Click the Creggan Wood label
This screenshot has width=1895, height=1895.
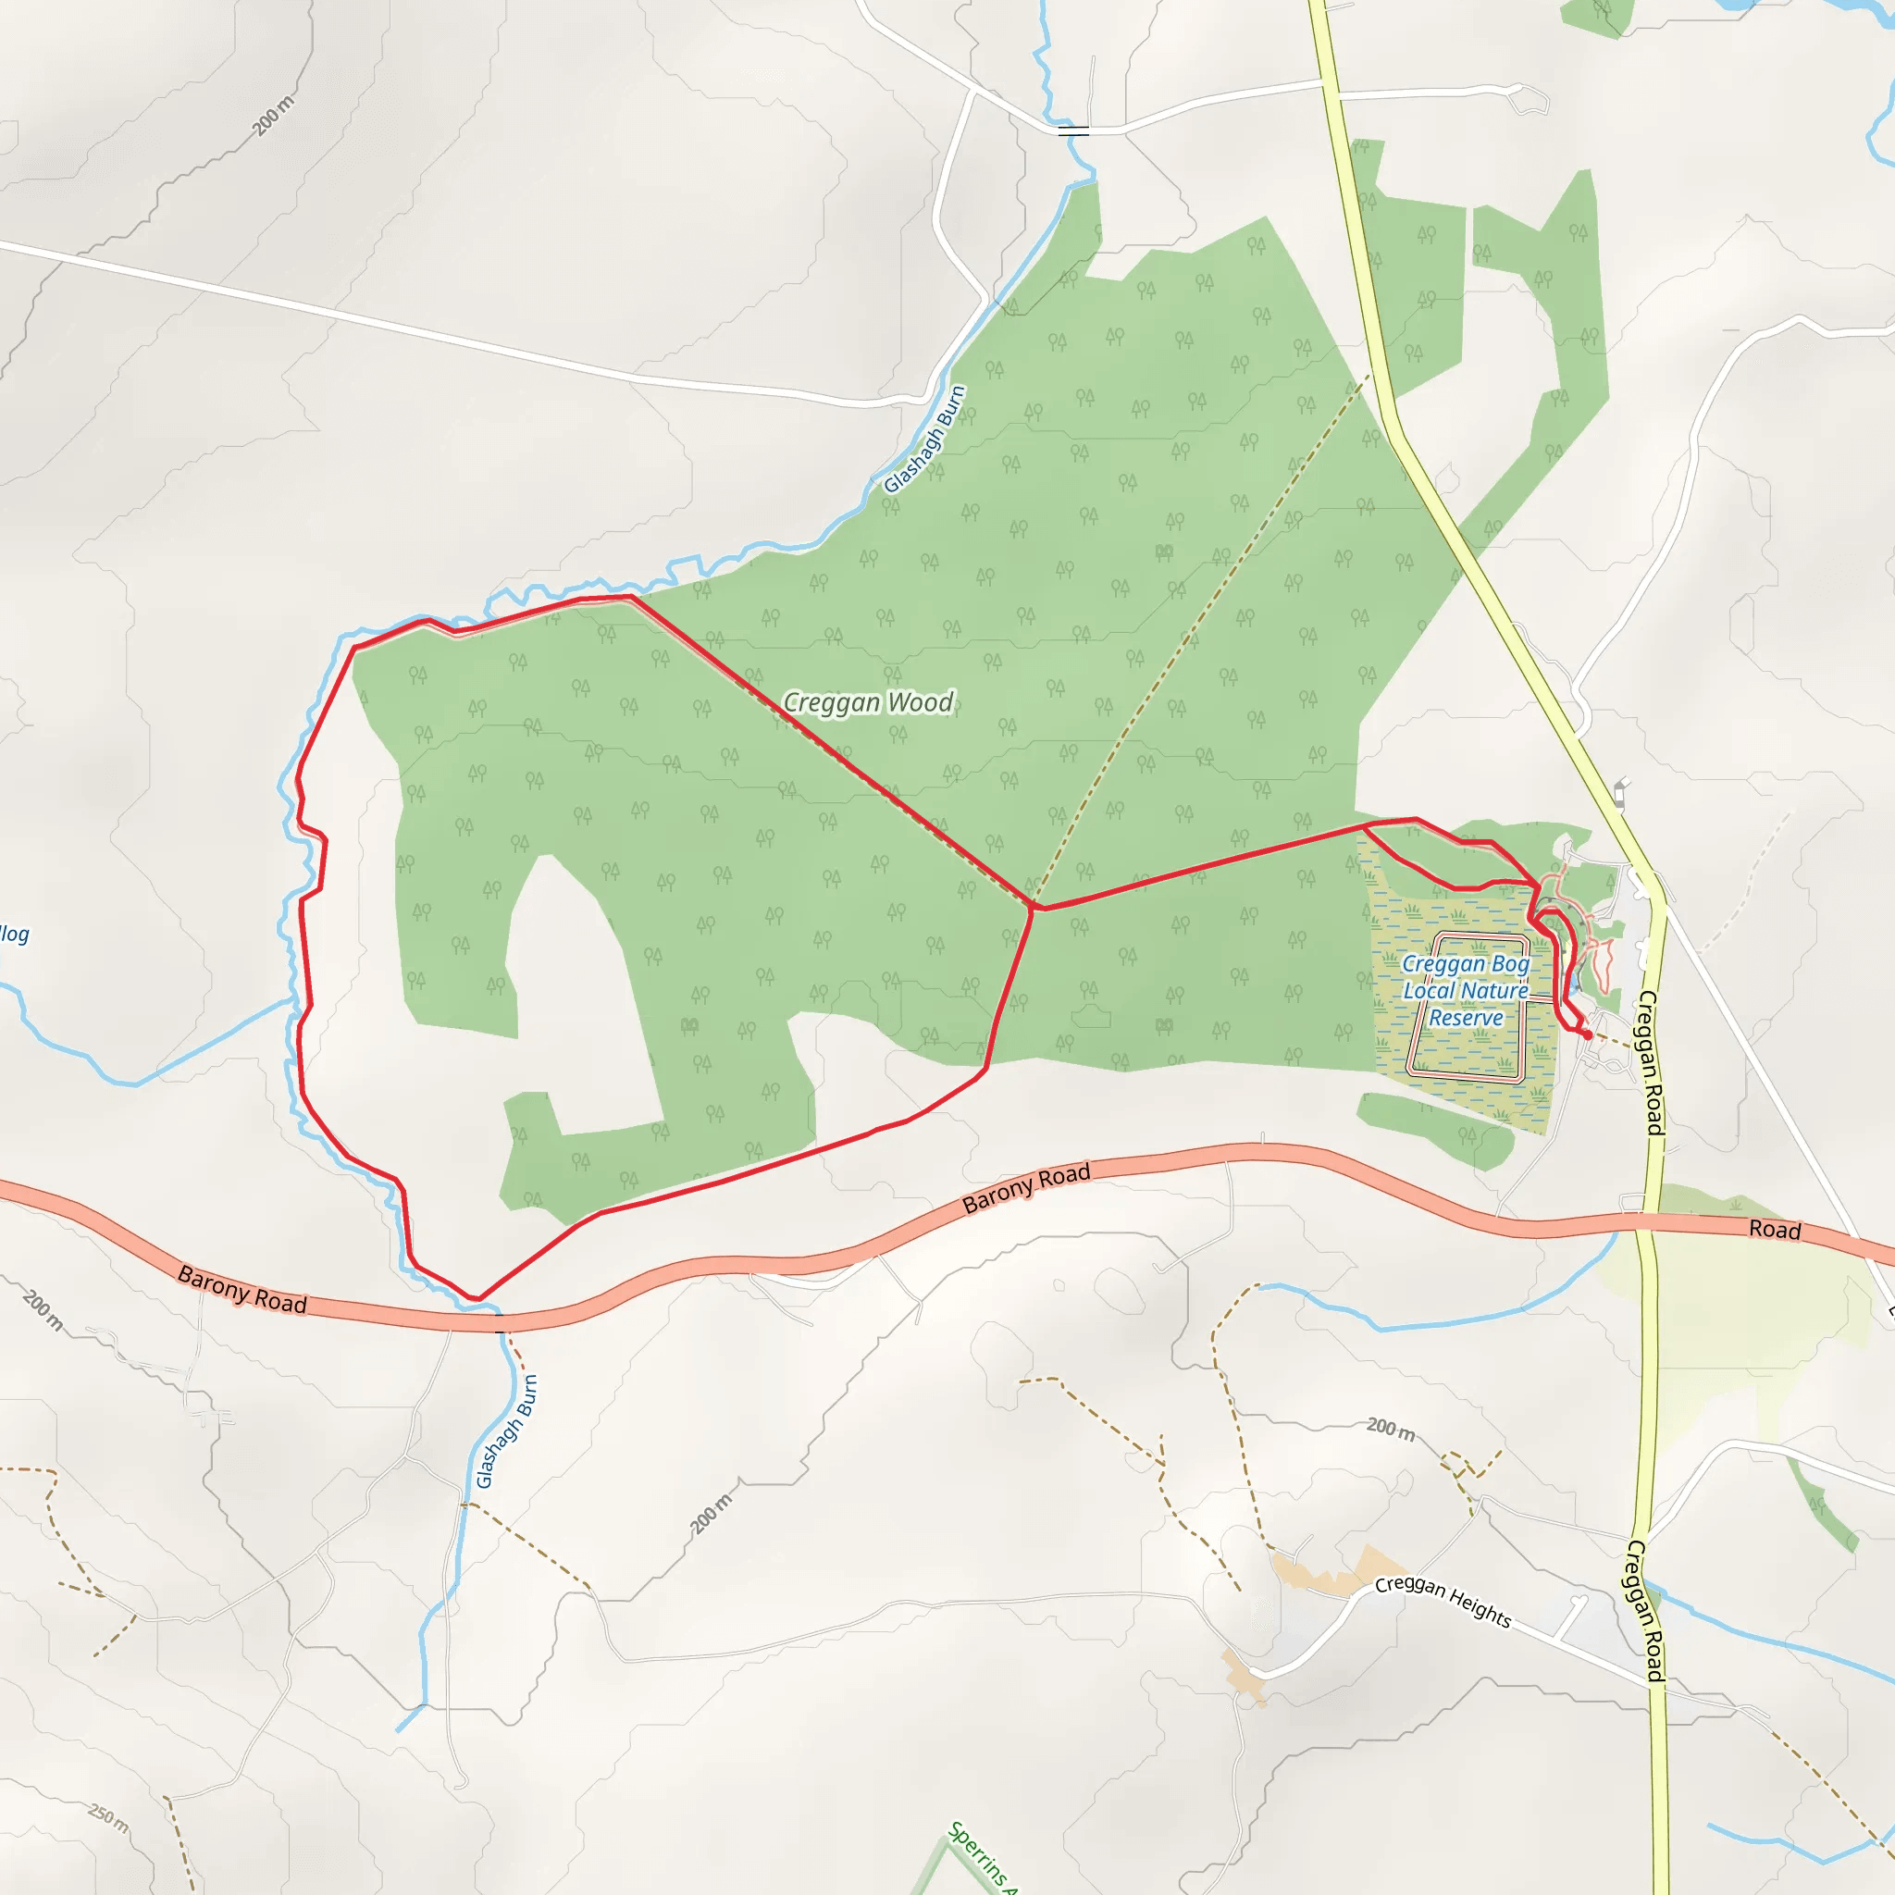[867, 702]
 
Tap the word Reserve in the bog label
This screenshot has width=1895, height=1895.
[1466, 1018]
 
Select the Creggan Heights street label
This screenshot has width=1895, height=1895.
[1443, 1600]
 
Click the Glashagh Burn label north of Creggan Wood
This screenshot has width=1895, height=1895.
[925, 439]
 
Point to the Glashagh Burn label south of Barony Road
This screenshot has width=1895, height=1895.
[506, 1431]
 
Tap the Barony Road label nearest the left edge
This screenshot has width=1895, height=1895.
[242, 1290]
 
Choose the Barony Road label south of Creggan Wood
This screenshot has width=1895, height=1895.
[1026, 1189]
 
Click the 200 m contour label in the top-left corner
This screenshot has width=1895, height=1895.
[273, 117]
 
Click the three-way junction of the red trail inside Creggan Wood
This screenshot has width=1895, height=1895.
[1033, 909]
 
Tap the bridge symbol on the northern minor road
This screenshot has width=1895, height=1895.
[1073, 130]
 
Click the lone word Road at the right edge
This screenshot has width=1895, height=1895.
[1775, 1230]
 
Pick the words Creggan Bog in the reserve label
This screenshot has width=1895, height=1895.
[1466, 964]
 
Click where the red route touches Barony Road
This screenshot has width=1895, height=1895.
[477, 1300]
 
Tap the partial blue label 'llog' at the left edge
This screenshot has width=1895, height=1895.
[14, 934]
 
